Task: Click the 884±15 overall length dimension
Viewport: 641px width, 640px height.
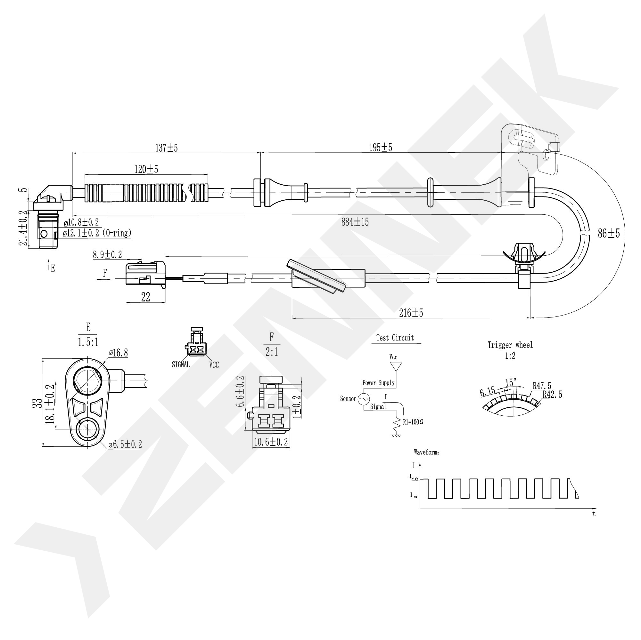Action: (x=355, y=222)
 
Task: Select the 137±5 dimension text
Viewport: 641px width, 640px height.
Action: (x=167, y=148)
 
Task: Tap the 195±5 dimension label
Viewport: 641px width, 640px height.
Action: (x=381, y=148)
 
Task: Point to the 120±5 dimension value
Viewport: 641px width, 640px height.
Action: (x=146, y=169)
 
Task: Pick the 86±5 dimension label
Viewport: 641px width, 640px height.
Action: (x=609, y=234)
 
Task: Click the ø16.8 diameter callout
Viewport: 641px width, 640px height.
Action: (x=119, y=353)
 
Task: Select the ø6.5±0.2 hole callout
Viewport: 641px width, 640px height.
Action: (x=125, y=444)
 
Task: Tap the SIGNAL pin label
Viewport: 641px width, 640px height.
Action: (x=181, y=364)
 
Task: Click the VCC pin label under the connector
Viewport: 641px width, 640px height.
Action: (x=214, y=365)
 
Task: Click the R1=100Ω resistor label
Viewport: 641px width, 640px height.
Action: (x=413, y=422)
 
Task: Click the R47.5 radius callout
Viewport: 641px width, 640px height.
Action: (x=542, y=386)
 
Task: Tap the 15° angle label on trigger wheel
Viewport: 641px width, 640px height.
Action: (x=511, y=382)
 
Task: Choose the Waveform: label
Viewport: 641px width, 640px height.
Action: (x=426, y=452)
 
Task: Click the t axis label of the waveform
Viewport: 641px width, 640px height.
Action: (x=594, y=514)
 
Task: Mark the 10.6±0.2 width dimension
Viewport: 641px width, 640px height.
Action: (x=271, y=442)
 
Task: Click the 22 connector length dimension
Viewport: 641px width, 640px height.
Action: (x=146, y=297)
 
